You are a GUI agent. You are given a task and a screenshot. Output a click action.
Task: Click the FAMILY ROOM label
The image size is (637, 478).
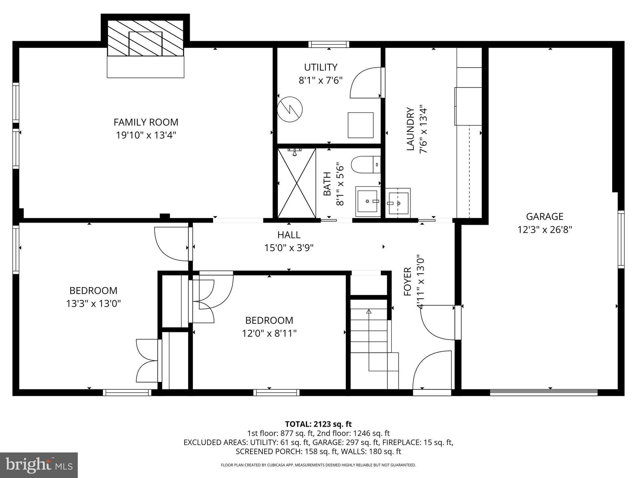coord(146,122)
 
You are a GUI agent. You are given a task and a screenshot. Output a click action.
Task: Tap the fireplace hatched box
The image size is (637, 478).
coord(146,38)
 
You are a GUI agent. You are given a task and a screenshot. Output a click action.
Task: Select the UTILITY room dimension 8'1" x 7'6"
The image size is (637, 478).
coord(320,81)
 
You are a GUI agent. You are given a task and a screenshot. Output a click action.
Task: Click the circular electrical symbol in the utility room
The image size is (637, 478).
coord(290,109)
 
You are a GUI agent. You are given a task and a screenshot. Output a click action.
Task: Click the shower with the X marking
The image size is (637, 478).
coord(297,183)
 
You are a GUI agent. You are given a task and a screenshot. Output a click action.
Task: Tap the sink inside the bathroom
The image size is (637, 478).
coord(368,201)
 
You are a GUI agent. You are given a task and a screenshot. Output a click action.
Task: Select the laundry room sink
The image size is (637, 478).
coord(398,203)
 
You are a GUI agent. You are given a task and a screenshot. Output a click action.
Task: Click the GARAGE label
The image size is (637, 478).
coord(544,216)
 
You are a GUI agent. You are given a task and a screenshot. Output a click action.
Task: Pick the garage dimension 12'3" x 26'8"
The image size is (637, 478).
coord(544,230)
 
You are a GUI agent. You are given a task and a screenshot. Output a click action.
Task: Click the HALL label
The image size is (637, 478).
coord(289,235)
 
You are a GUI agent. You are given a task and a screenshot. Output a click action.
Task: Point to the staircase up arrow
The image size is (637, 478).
coord(369,311)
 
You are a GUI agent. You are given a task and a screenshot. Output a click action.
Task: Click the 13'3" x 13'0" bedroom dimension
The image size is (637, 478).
coord(93,303)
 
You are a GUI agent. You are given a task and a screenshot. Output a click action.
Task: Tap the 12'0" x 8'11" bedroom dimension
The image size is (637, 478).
coord(269,333)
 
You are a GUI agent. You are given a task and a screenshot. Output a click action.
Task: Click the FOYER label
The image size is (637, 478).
coord(407,282)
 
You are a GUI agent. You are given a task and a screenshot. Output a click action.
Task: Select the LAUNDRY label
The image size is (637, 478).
coord(410,129)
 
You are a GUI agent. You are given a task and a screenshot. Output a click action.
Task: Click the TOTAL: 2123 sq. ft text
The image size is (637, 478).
coord(318,424)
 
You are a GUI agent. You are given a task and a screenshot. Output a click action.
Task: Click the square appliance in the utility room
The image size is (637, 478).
coord(360,125)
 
